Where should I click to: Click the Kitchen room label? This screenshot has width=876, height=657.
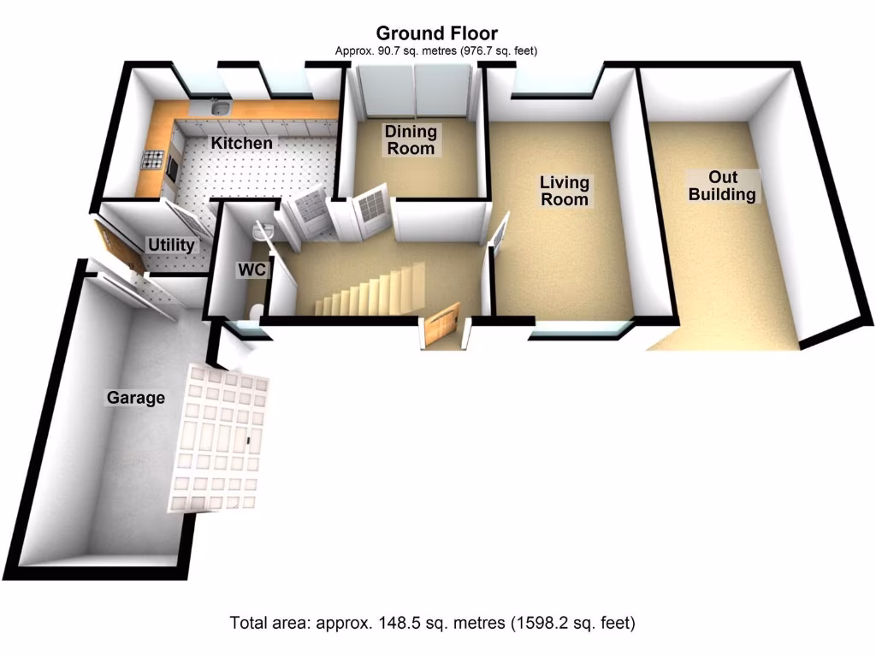click(242, 143)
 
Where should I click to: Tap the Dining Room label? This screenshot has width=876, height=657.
click(410, 140)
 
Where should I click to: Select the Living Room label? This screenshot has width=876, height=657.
click(564, 191)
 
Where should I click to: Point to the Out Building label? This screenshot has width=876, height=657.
click(722, 186)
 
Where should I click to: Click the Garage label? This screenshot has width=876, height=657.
click(135, 398)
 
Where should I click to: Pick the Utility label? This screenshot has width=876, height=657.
click(171, 246)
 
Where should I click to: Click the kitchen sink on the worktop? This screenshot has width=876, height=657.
click(218, 108)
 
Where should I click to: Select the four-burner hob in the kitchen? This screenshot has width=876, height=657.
click(154, 158)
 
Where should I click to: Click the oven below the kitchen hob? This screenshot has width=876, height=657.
click(169, 169)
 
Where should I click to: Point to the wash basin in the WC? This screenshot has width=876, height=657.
click(263, 228)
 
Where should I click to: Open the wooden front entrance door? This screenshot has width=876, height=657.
click(441, 327)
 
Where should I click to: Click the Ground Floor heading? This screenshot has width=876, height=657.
click(436, 34)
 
